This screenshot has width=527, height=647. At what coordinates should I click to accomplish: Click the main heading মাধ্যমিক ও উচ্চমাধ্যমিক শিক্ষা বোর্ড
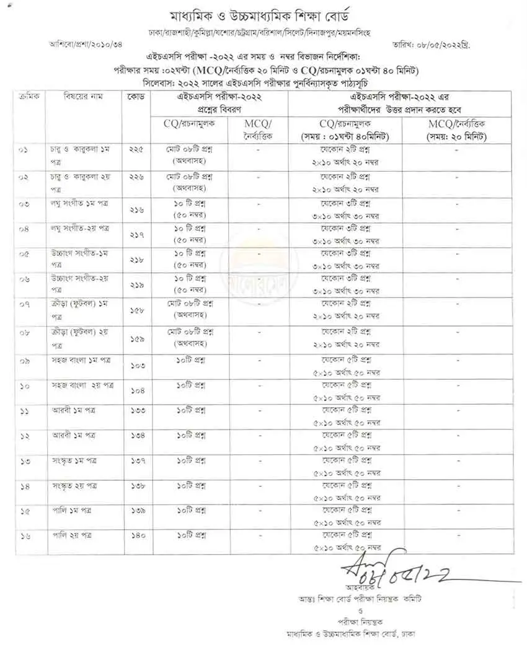263,15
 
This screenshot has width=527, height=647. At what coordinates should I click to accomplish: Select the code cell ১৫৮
137,311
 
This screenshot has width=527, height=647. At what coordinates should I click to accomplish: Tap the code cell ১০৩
137,366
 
